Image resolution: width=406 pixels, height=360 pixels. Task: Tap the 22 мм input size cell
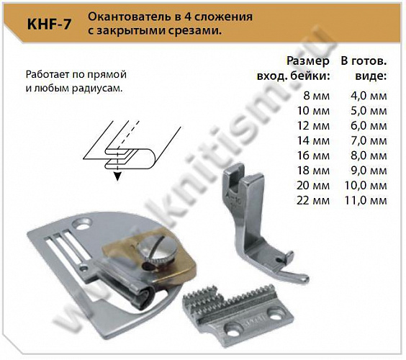[313, 200]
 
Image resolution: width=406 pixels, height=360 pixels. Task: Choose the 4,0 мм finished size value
[367, 96]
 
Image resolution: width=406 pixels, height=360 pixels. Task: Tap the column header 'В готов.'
[364, 62]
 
